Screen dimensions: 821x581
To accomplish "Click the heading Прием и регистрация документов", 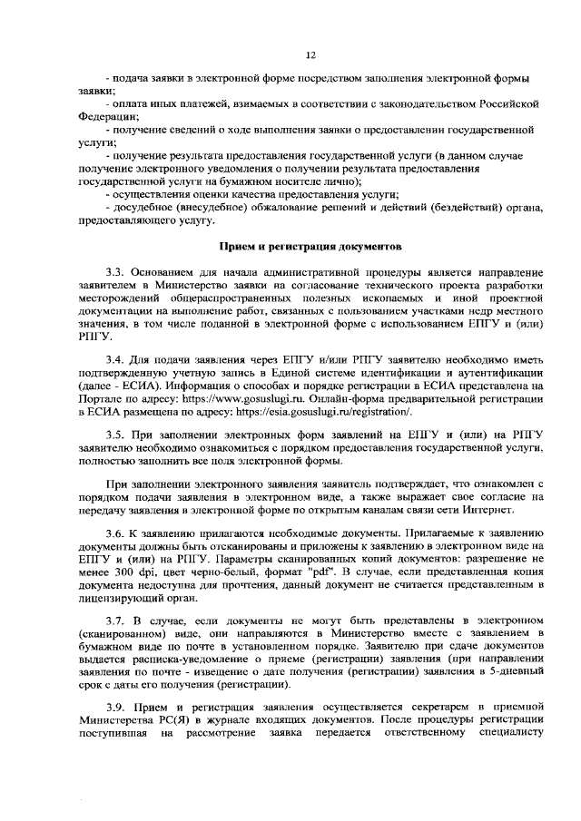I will (310, 246).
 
